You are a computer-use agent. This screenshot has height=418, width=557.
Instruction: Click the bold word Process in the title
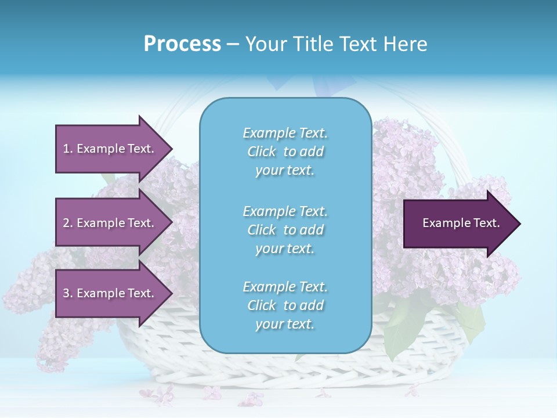pyautogui.click(x=182, y=44)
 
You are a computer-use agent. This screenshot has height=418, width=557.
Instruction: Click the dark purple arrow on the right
pyautogui.click(x=458, y=224)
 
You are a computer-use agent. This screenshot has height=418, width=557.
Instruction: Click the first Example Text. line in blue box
pyautogui.click(x=285, y=133)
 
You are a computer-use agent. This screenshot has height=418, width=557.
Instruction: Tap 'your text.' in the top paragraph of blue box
pyautogui.click(x=285, y=171)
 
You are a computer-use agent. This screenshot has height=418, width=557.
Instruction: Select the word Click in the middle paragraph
pyautogui.click(x=262, y=230)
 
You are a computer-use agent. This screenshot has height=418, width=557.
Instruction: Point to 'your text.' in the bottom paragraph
pyautogui.click(x=285, y=325)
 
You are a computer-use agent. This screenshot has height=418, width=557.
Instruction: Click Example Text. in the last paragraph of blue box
pyautogui.click(x=285, y=287)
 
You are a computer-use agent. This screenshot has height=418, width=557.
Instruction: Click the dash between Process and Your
pyautogui.click(x=233, y=44)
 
